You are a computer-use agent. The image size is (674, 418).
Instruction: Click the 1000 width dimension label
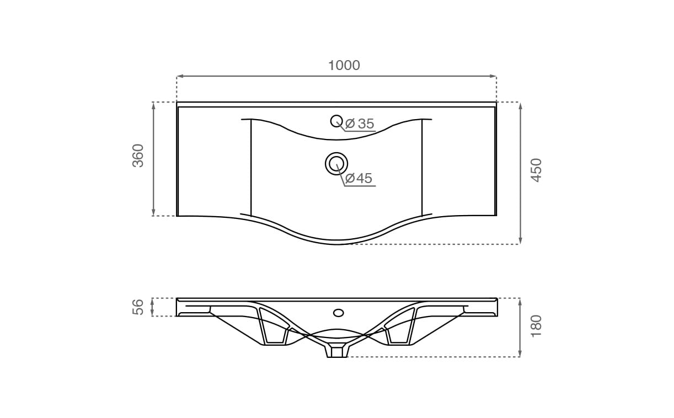(344, 65)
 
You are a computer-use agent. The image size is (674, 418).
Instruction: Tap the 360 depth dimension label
(138, 156)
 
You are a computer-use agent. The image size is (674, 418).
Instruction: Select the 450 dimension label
(536, 170)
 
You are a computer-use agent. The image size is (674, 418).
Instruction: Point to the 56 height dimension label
(138, 307)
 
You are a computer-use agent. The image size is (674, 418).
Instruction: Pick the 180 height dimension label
(536, 326)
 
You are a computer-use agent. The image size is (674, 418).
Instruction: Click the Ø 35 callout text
(360, 124)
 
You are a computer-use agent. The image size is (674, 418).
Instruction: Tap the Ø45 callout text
(359, 178)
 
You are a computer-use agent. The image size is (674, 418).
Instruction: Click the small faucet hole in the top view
(336, 121)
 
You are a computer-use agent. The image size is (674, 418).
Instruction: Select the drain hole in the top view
(336, 164)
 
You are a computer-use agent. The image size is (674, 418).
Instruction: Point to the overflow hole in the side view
(339, 313)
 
